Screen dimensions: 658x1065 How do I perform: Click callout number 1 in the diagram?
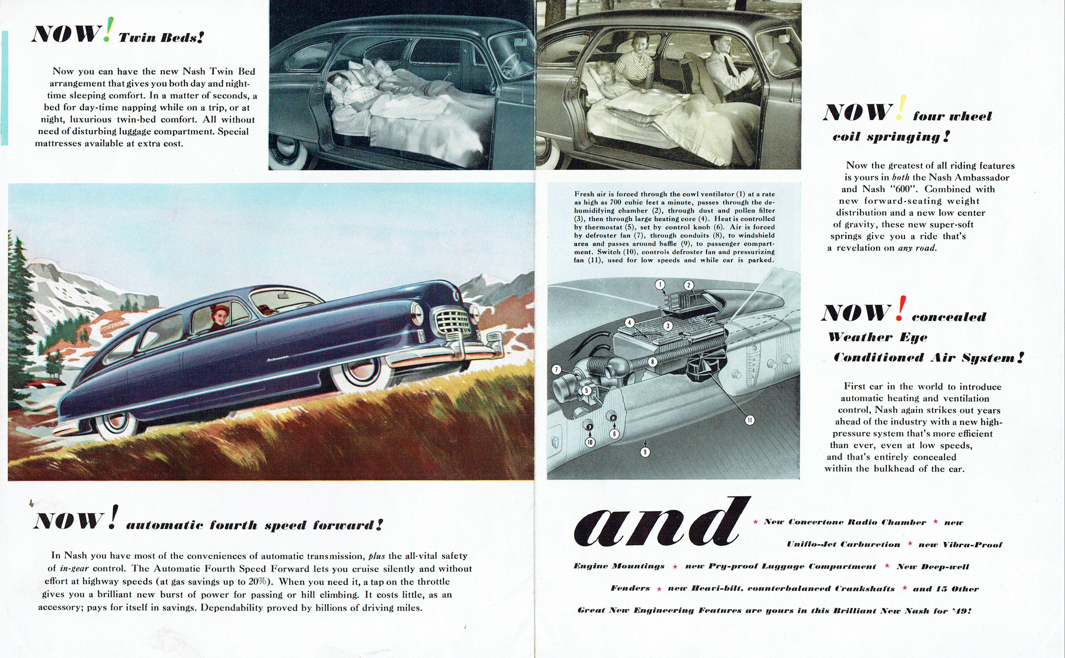pyautogui.click(x=660, y=285)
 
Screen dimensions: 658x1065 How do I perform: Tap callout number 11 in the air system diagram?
pyautogui.click(x=750, y=420)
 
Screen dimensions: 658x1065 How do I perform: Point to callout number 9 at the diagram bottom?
pyautogui.click(x=645, y=452)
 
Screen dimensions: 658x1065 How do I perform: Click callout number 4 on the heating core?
pyautogui.click(x=629, y=322)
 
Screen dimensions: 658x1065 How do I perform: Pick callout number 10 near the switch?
pyautogui.click(x=590, y=442)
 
